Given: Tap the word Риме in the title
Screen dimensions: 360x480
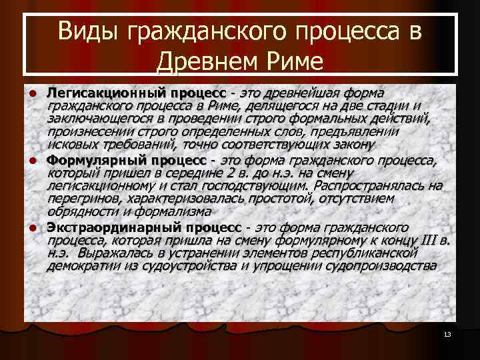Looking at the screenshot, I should (x=291, y=62).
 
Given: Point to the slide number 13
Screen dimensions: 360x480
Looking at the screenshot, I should (x=447, y=334).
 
